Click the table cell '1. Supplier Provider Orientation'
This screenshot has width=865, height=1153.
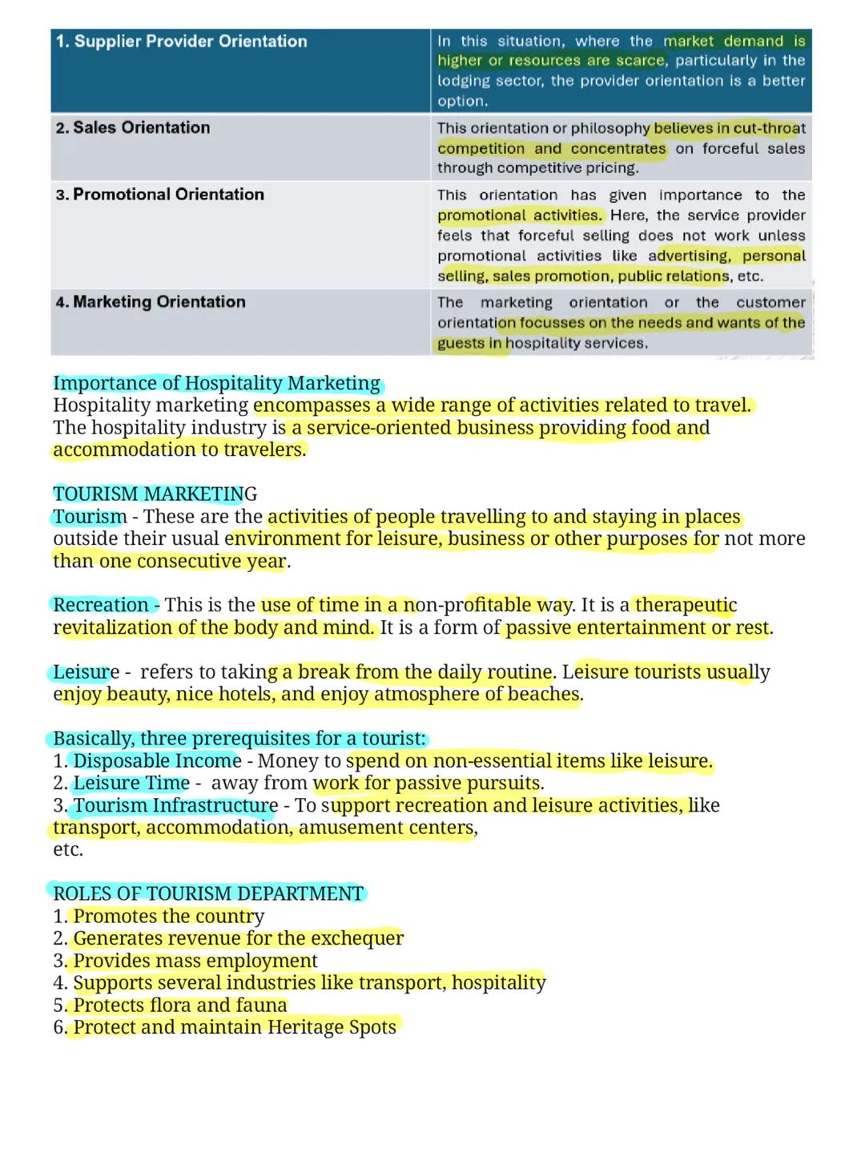[182, 42]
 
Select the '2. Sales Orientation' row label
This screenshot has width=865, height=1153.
[133, 128]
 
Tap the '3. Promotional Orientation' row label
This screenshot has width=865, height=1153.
[159, 195]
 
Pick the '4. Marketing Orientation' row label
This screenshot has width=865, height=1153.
[151, 302]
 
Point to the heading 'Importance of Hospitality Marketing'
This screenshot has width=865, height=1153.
[216, 384]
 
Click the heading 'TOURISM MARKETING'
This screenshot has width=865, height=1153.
[155, 494]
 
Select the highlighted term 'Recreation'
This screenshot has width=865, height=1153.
[100, 605]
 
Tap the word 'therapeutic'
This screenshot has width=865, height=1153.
[686, 605]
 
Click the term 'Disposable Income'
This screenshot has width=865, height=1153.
[157, 761]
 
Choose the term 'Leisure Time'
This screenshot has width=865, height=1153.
[131, 784]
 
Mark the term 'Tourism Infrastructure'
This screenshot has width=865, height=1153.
[175, 806]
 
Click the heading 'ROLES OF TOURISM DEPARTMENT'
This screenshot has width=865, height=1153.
[208, 894]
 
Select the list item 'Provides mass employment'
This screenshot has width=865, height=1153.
[195, 961]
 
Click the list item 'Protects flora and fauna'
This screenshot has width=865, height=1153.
[180, 1006]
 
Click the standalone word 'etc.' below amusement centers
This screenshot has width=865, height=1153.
[68, 850]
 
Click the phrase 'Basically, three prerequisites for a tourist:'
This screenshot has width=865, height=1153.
[239, 739]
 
